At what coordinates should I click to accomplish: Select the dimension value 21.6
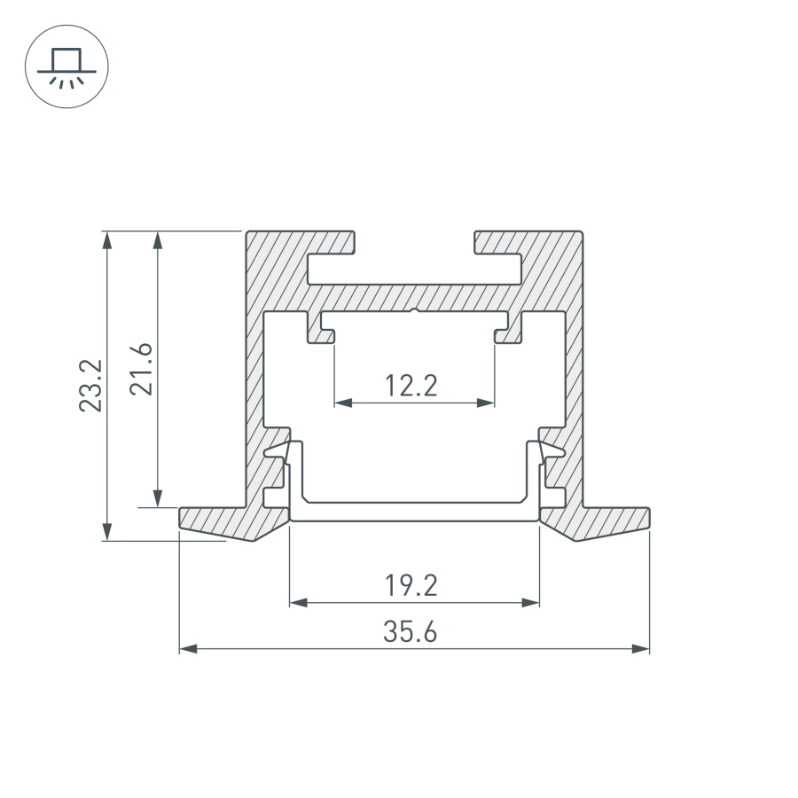coord(145,369)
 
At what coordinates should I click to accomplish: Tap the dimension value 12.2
coord(412,386)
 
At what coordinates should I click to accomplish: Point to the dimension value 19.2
coord(412,585)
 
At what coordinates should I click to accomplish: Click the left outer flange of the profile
coord(222,521)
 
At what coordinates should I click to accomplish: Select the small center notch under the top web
coord(415,310)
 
